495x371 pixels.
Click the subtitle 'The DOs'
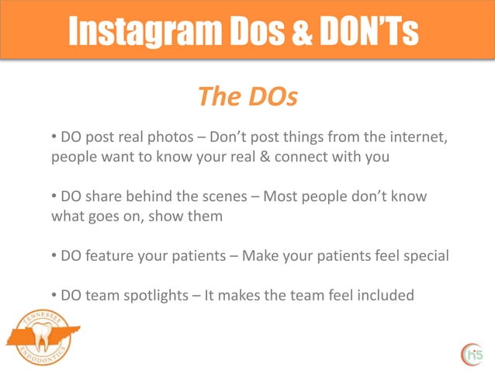247,97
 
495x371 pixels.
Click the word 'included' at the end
386,295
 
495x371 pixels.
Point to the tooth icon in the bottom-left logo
38,338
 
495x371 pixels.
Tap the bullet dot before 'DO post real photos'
54,138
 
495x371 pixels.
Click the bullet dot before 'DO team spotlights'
54,295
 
